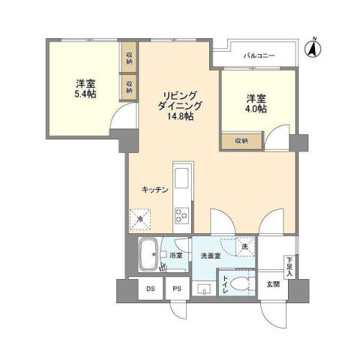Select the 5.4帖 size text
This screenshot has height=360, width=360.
[x=84, y=95]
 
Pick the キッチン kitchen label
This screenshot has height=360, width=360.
[x=154, y=190]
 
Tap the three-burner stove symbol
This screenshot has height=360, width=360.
[x=181, y=216]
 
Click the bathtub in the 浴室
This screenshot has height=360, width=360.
[x=150, y=256]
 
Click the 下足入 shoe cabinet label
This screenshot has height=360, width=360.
[x=289, y=266]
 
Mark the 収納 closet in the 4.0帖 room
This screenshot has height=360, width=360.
[x=240, y=139]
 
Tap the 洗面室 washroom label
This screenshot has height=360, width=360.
[x=210, y=256]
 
